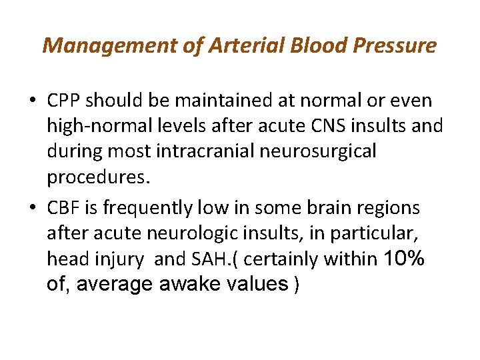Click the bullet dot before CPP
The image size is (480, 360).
(33, 102)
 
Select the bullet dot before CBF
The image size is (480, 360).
(33, 209)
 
